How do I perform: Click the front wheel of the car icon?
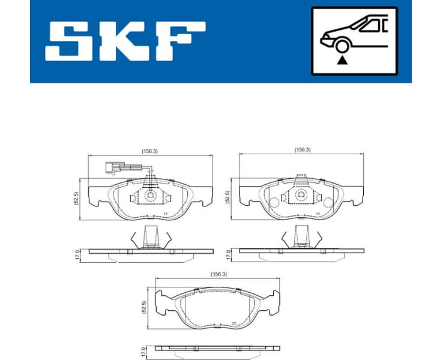[343, 47]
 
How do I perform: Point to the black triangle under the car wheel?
[343, 60]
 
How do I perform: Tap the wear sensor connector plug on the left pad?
[113, 168]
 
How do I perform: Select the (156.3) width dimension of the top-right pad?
[302, 149]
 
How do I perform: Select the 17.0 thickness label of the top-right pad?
[228, 254]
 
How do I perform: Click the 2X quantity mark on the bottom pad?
[233, 322]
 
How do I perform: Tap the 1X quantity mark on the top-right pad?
[316, 213]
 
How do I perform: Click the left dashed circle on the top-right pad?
[273, 202]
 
